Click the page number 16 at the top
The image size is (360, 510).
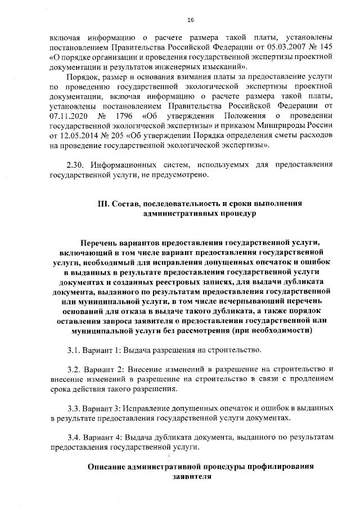point(191,20)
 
